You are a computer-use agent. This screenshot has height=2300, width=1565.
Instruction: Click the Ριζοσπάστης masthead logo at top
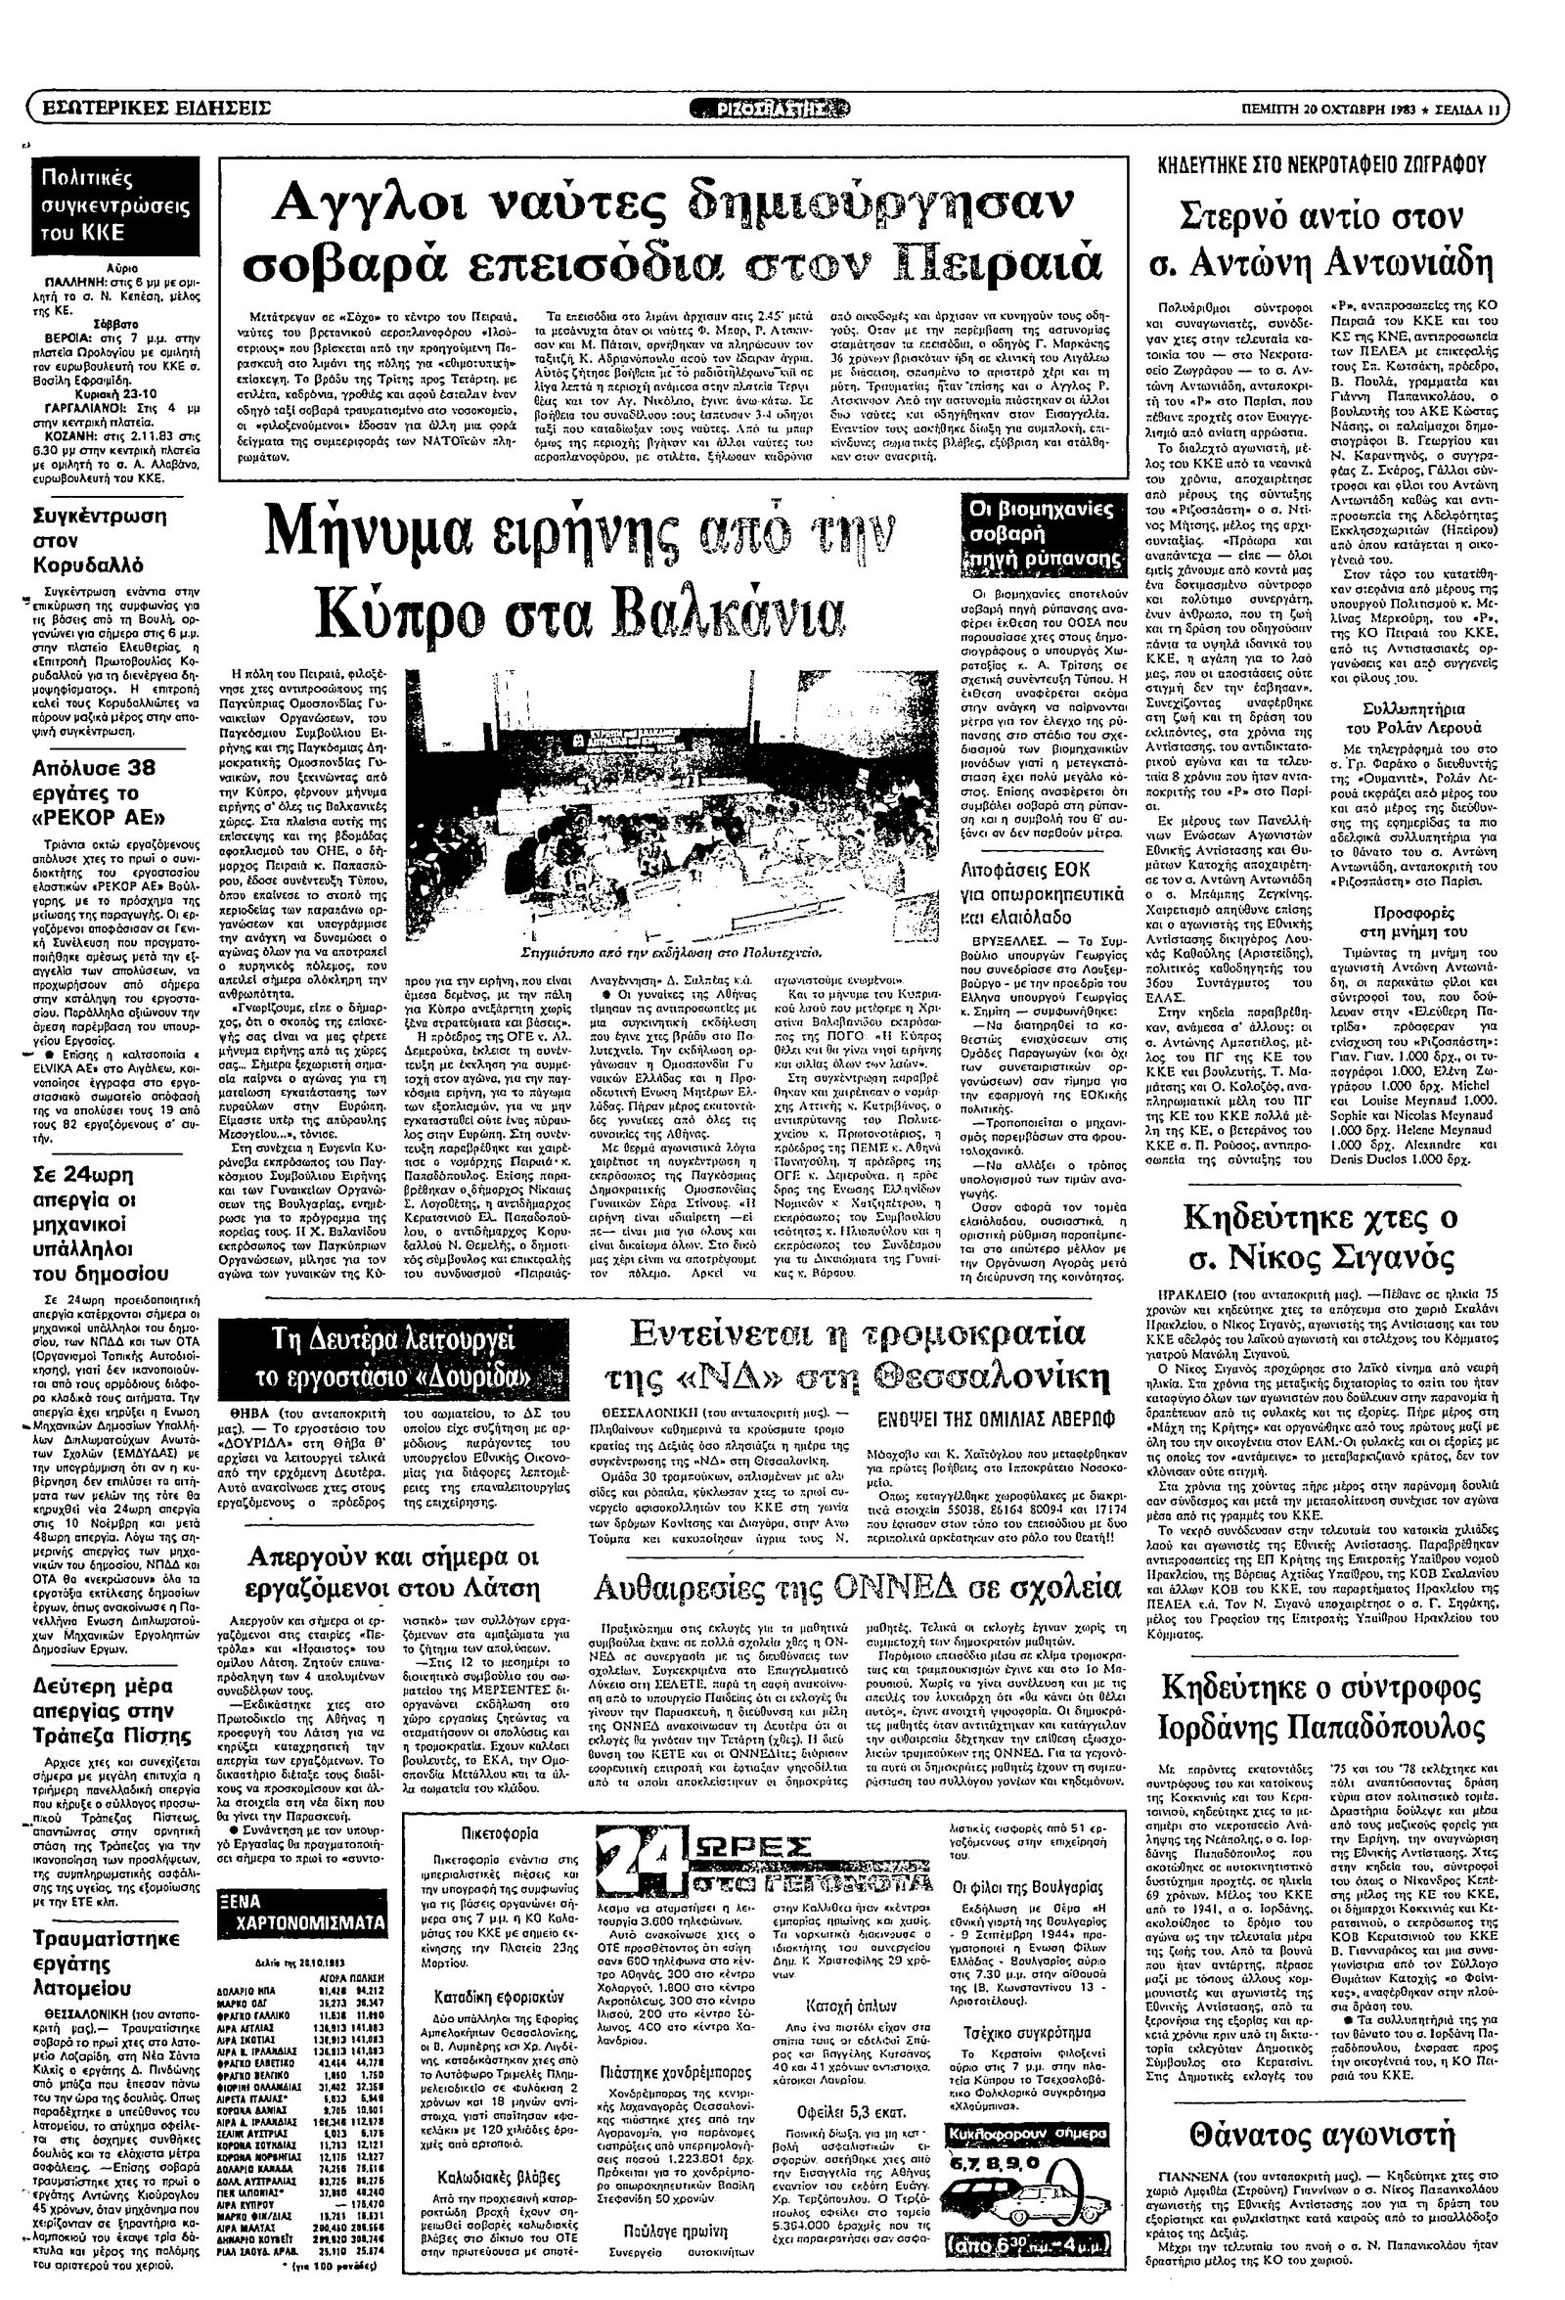[782, 108]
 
